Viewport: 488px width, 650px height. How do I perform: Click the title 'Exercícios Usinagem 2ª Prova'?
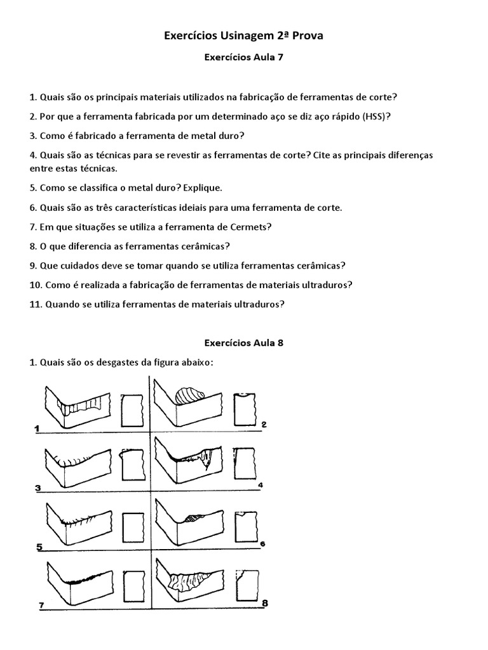click(243, 36)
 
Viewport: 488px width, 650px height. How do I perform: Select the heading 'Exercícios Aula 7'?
click(243, 57)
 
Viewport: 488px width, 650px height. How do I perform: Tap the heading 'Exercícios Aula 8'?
click(243, 343)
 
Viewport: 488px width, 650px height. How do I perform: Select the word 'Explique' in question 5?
click(201, 189)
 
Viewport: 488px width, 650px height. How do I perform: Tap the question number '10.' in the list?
click(36, 285)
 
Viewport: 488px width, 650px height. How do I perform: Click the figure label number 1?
click(37, 429)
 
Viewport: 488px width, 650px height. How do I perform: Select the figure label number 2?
click(263, 425)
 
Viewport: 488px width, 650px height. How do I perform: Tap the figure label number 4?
click(259, 486)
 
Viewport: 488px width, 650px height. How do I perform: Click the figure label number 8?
click(264, 603)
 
